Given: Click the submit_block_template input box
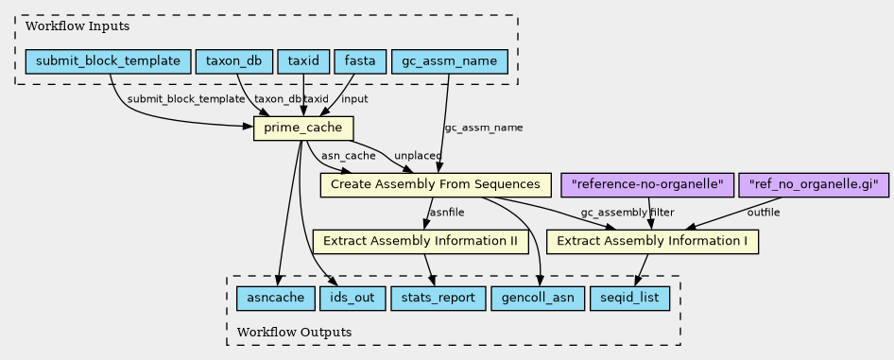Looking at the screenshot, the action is pos(108,61).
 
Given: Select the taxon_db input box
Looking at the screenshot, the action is pos(233,61).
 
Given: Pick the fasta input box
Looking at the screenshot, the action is pos(360,61).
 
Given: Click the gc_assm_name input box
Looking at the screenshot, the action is pos(449,61).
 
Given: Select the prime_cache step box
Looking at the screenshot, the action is pos(303,129).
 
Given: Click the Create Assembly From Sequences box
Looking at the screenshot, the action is pos(436,185).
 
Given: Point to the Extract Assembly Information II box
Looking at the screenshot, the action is pos(421,242).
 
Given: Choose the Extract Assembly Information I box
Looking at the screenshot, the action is pos(652,242).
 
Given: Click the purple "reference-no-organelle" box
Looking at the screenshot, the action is pos(647,185).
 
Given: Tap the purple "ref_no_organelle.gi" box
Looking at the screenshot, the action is pos(814,185).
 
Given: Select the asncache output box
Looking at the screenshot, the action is pos(276,299).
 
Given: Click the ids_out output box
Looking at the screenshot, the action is pos(352,299).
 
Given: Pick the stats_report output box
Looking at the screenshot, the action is pos(438,299).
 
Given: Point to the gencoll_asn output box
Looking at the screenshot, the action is pos(538,299).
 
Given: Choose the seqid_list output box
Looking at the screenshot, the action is pos(629,299).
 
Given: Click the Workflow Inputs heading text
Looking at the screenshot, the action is pos(77,26).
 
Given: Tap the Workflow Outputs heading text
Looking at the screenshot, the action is pos(294,332).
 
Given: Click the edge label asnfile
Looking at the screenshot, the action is pos(446,213).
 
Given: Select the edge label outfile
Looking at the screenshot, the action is pos(764,213).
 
